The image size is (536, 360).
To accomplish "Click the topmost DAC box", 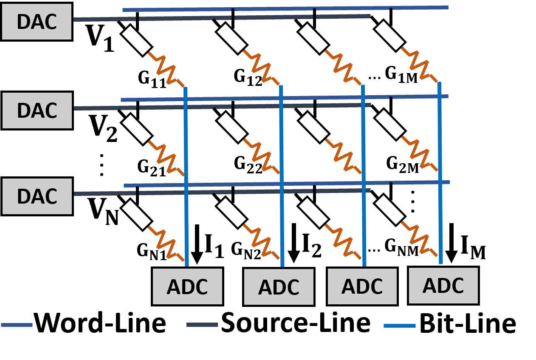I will click(37, 22).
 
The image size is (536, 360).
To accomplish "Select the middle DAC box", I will click(37, 111).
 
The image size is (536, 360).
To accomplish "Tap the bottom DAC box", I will click(37, 196).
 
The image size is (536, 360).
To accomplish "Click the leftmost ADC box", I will click(187, 286).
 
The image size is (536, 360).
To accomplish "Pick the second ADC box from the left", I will click(279, 287).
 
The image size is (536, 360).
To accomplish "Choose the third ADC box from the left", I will click(362, 286).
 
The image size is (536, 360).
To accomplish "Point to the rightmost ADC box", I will click(443, 286).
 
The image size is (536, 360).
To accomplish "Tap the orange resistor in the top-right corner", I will click(419, 65).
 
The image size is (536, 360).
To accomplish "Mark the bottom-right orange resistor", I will click(419, 239).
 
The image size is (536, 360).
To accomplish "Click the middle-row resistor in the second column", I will click(261, 156).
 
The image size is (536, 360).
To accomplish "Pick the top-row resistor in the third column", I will click(343, 67).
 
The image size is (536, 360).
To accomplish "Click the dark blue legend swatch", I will click(17, 325).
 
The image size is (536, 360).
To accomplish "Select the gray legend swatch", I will click(202, 325).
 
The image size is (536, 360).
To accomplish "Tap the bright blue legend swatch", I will click(399, 326).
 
